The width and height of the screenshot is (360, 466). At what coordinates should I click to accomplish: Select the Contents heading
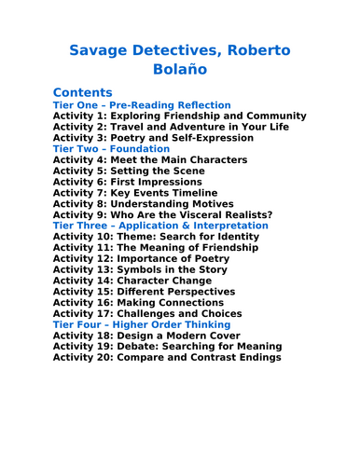point(83,92)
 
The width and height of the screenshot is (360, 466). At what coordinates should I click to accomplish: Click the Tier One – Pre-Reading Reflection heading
point(142,105)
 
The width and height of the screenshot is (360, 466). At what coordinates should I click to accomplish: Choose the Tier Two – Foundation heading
point(111,148)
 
